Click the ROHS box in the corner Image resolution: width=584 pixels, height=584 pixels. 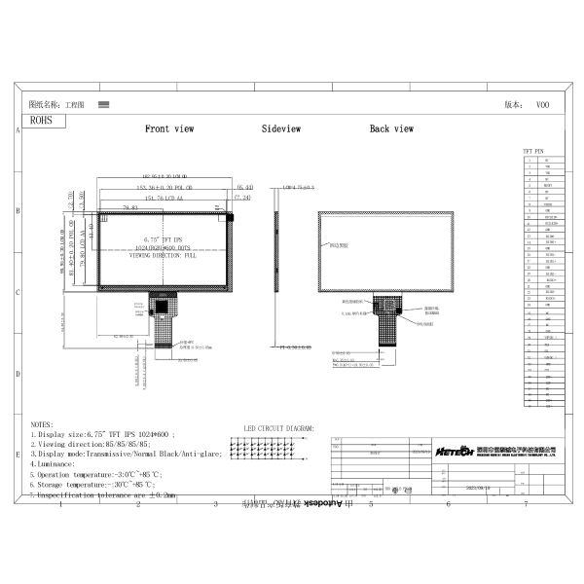coord(43,121)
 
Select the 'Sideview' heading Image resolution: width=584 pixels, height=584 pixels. coord(280,128)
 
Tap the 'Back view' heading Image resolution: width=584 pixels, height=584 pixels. coord(391,128)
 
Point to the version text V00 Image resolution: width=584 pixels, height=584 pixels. coord(542,103)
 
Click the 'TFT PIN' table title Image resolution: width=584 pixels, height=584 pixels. coord(533,153)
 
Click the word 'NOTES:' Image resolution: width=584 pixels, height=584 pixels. coord(42,425)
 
